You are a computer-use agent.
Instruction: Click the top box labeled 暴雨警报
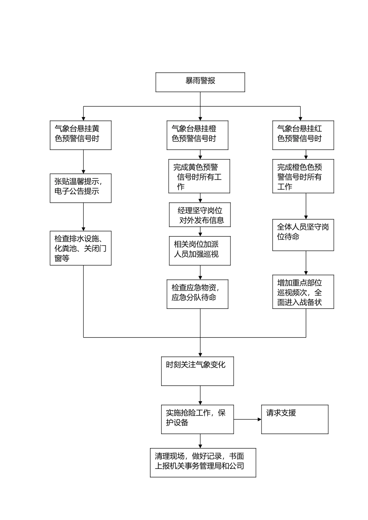200,82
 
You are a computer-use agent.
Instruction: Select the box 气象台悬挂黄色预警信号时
81,135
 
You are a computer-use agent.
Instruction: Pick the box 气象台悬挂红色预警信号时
303,135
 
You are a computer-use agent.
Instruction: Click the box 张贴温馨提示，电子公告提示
81,188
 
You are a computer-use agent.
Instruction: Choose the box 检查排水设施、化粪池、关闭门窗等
81,248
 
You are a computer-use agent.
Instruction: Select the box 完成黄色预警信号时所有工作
199,176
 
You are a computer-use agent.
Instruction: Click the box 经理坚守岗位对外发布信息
200,215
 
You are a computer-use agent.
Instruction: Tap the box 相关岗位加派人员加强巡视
200,251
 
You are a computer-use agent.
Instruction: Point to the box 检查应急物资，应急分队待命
197,294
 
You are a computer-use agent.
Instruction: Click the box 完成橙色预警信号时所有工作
303,176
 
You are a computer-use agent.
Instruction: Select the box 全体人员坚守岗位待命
303,235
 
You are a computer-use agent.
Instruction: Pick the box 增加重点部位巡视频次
303,292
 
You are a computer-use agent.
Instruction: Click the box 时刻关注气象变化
197,371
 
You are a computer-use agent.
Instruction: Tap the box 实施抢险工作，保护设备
197,419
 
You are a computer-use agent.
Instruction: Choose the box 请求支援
295,419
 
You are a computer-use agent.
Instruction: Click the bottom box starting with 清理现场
203,463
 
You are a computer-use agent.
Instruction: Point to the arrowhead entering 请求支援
260,419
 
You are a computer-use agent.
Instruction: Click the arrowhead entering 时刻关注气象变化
200,354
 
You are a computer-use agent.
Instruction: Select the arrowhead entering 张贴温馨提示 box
83,172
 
